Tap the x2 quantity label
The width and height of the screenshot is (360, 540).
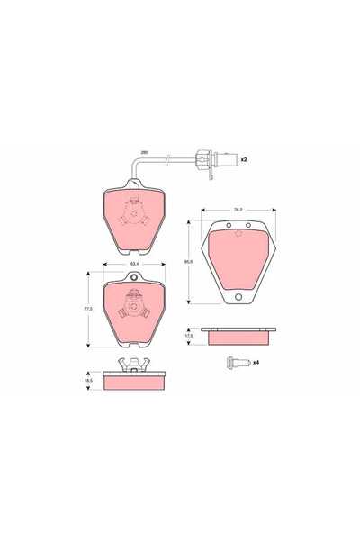tap(243, 159)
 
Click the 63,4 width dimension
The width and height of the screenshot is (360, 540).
tap(134, 265)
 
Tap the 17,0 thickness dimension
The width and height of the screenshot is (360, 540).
tap(190, 335)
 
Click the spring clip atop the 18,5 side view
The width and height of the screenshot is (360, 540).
tap(134, 363)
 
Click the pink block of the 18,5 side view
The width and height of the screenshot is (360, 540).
tap(134, 381)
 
